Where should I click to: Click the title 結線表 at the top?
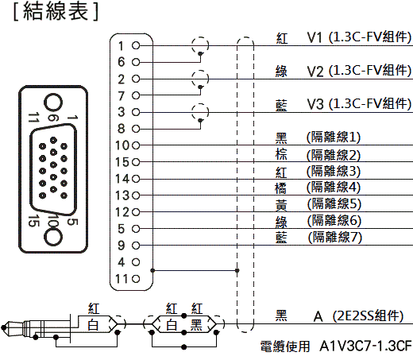click(x=56, y=11)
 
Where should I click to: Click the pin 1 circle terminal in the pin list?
click(x=136, y=45)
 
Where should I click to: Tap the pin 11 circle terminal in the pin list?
click(x=136, y=279)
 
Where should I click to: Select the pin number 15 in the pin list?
click(x=122, y=162)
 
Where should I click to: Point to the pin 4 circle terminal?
click(x=136, y=262)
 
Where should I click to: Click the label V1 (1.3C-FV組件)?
click(x=359, y=37)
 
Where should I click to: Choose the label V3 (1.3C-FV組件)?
click(x=359, y=104)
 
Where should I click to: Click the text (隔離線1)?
click(x=334, y=137)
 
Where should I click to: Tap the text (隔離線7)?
click(x=335, y=237)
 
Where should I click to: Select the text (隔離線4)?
click(x=334, y=187)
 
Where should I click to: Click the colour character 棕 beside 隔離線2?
click(x=281, y=154)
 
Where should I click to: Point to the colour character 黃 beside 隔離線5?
click(x=281, y=205)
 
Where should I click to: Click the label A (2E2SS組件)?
click(x=358, y=316)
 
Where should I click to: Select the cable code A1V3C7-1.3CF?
click(x=365, y=346)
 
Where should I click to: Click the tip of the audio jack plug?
click(x=3, y=327)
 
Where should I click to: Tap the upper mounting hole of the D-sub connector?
click(x=53, y=103)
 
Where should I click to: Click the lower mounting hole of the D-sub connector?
click(x=53, y=237)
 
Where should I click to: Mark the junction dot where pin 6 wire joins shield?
click(x=200, y=54)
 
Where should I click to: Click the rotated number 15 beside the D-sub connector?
click(x=33, y=221)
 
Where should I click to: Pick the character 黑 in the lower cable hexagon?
click(x=196, y=325)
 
